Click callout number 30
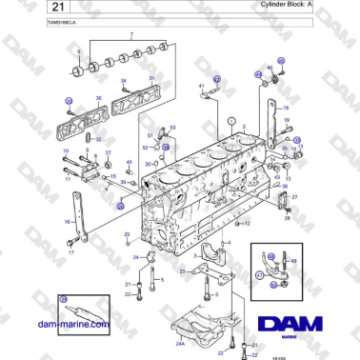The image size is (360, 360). (98, 98)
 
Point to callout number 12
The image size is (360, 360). (249, 224)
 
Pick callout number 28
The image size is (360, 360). (287, 218)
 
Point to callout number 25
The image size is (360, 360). (127, 233)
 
